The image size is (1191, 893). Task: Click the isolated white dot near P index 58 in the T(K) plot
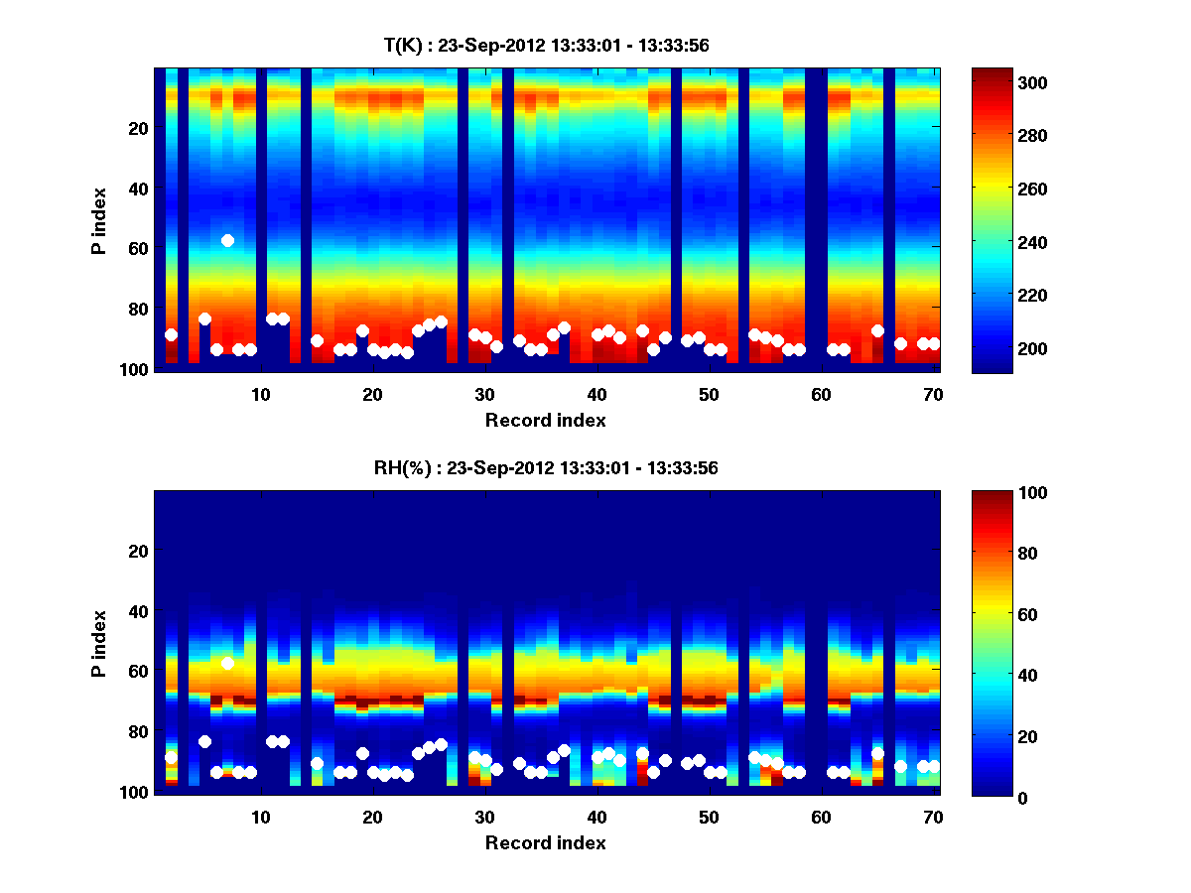227,240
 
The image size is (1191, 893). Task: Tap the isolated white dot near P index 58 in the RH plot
227,663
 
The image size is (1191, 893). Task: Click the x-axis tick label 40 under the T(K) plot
595,394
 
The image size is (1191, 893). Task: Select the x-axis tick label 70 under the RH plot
931,817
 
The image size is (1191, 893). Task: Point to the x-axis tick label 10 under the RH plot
260,817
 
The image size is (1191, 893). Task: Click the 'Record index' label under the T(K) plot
546,420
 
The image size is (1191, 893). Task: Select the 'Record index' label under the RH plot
546,842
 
